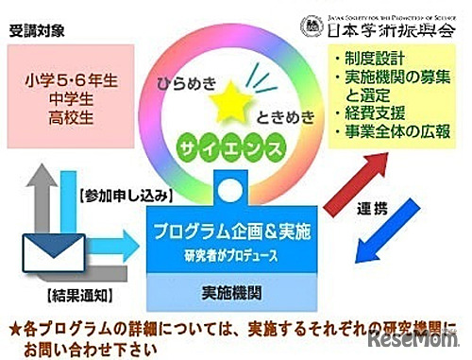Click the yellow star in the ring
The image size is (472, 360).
click(227, 102)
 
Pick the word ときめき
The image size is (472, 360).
click(282, 118)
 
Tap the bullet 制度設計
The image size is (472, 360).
click(379, 60)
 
